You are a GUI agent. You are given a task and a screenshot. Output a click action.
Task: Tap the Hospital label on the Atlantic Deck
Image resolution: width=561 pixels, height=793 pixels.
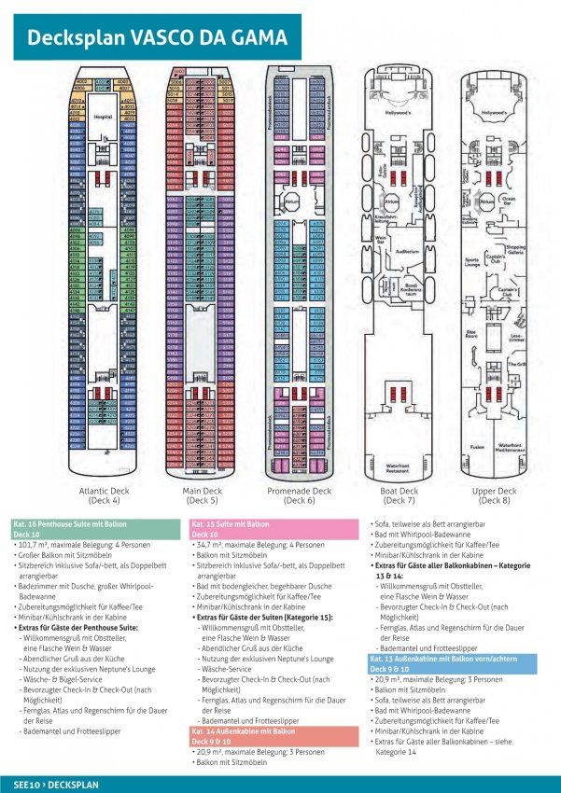(x=103, y=118)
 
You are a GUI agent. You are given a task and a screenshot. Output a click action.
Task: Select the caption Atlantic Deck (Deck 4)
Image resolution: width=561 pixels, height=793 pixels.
(x=102, y=495)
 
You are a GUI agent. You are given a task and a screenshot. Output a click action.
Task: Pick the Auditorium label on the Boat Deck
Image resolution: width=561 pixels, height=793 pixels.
(x=407, y=252)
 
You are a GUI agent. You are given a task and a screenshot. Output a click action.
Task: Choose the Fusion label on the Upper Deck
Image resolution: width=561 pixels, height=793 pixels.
(x=476, y=447)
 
